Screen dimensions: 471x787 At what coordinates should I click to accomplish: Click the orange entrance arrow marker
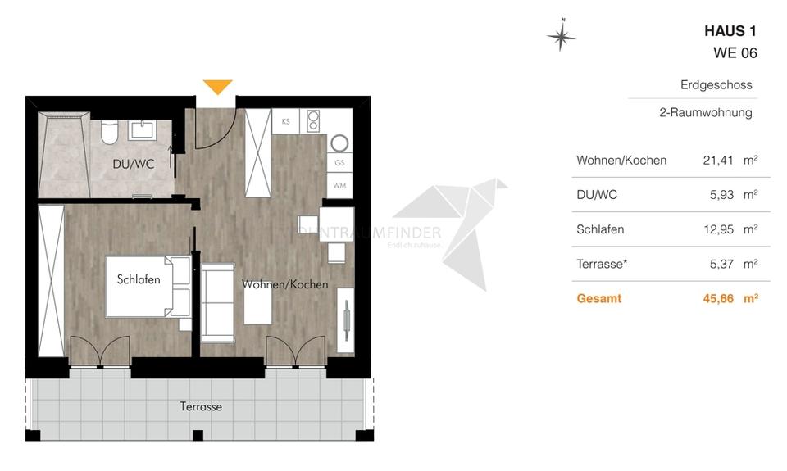tap(217, 87)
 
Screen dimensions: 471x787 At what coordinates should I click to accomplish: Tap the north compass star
tap(562, 35)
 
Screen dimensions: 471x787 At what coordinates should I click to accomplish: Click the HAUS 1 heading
tap(730, 31)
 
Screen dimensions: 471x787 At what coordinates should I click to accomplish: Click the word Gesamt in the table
tap(599, 299)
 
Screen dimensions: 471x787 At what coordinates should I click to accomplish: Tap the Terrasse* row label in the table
tap(603, 264)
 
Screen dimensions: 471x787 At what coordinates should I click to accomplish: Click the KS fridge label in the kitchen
tap(285, 121)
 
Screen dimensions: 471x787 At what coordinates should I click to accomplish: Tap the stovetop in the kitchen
tap(312, 121)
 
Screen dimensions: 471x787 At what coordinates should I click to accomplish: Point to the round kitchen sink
tap(339, 143)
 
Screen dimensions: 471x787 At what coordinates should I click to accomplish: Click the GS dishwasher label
tap(339, 164)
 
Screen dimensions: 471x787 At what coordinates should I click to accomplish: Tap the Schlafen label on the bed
tap(139, 279)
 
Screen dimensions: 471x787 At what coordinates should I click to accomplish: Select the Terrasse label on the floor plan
tap(201, 406)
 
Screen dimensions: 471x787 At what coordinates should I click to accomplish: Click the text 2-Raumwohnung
tap(705, 113)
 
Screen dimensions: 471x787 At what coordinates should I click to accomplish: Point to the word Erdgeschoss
tap(716, 85)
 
